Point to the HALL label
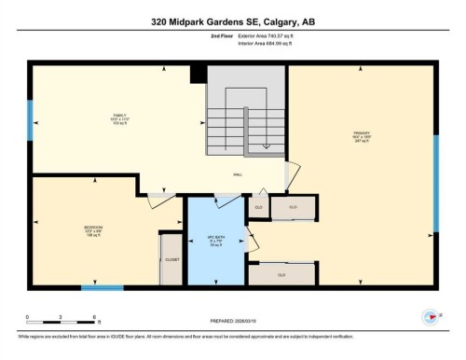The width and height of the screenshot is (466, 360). [238, 174]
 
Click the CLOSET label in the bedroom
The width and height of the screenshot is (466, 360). [171, 259]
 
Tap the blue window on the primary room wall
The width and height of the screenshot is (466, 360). [435, 183]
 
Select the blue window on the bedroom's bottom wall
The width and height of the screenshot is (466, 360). [102, 287]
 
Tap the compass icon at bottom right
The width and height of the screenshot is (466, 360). [431, 316]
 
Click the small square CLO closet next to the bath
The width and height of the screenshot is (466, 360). [258, 206]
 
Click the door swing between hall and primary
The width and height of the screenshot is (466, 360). [293, 173]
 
